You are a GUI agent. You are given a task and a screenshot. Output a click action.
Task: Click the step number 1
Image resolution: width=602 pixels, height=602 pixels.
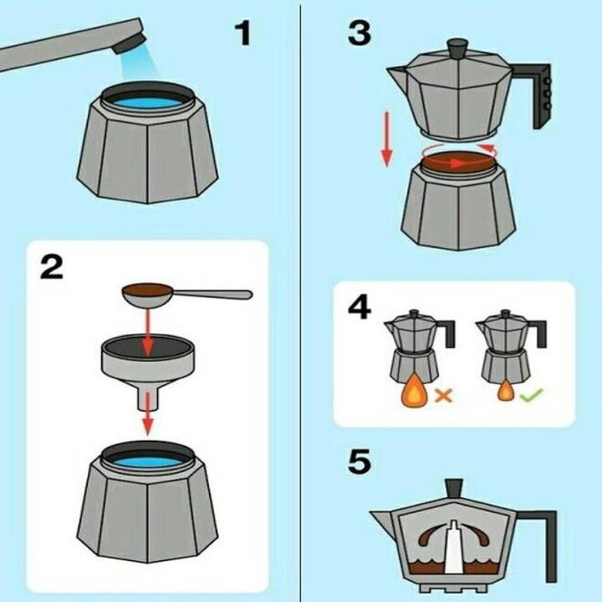[242, 33]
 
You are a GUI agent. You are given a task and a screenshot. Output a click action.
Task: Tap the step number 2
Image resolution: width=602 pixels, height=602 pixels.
[52, 268]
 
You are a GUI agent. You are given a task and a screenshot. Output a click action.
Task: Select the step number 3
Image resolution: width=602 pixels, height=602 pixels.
[360, 33]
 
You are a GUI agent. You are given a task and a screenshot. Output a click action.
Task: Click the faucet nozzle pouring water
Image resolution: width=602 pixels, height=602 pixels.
[130, 43]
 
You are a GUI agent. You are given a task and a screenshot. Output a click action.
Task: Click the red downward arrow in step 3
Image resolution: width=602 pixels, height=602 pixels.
[386, 140]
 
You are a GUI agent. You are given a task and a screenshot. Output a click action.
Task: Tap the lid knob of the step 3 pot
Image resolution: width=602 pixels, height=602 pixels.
[457, 48]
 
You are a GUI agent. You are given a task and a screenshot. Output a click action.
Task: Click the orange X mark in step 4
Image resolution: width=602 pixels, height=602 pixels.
[443, 395]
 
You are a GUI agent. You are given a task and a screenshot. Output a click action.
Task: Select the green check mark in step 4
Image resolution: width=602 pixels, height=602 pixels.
[532, 395]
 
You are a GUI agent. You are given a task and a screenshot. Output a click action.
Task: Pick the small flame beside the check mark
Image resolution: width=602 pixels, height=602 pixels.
[506, 390]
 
